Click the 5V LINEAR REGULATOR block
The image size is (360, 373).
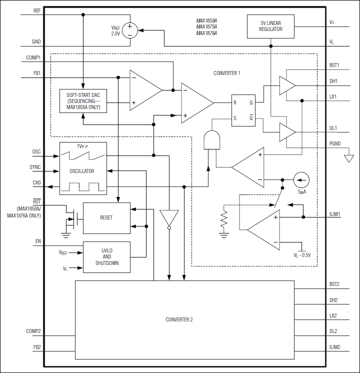point(270,26)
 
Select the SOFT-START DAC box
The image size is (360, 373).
point(83,101)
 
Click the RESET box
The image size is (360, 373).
point(106,218)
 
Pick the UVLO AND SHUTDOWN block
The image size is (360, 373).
point(106,257)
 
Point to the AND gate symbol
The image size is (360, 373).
point(212,140)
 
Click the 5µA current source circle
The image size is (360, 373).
point(301,179)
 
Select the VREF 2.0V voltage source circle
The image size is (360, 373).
point(130,31)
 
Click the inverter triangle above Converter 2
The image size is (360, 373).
point(169,219)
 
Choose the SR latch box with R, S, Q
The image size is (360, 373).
point(243,111)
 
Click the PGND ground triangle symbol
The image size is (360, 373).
point(348,158)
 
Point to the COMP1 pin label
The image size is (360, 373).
point(33,57)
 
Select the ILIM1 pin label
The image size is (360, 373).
point(334,214)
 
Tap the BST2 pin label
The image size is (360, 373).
point(334,284)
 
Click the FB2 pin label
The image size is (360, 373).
point(36,346)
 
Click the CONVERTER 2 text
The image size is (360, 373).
point(179,319)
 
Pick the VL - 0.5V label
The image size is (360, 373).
point(302,255)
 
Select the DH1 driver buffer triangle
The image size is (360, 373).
point(286,85)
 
